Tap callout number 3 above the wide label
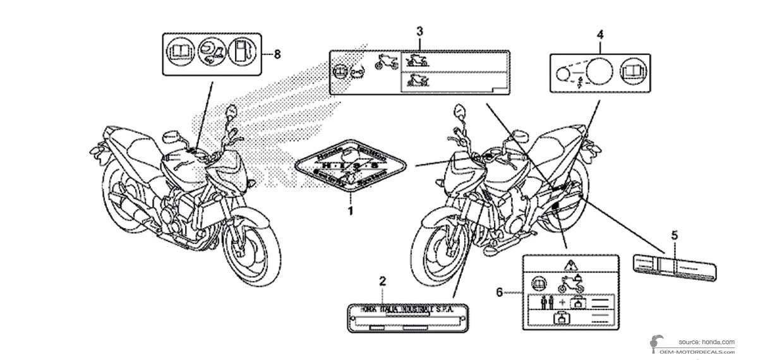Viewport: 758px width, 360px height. [x=419, y=30]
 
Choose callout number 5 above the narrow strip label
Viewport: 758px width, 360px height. [x=675, y=235]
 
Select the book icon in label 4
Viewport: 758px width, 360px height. [x=632, y=70]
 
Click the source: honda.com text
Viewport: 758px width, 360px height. [x=707, y=340]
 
